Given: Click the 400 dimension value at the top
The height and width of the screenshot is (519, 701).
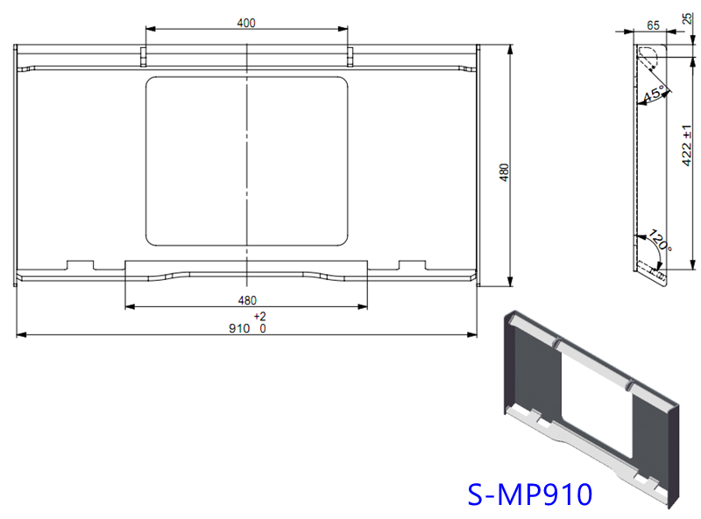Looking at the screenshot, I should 246,23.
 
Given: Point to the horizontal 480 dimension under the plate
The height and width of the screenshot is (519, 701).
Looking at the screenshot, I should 246,300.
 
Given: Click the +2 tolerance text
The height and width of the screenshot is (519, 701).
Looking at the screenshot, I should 259,316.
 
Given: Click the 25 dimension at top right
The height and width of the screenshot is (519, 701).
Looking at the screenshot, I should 686,18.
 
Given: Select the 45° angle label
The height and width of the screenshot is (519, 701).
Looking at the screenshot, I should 654,94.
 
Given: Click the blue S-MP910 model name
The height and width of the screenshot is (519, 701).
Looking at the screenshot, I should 530,495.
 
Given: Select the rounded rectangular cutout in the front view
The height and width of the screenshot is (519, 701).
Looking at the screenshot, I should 246,160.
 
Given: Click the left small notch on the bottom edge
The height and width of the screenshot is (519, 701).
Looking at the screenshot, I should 81,263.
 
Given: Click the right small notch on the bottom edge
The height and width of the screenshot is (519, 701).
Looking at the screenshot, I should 412,263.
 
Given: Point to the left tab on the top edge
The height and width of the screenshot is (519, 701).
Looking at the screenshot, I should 144,56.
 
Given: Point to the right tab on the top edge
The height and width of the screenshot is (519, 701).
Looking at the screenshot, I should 350,56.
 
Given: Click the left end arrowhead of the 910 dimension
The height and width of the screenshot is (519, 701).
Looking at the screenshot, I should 19,334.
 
